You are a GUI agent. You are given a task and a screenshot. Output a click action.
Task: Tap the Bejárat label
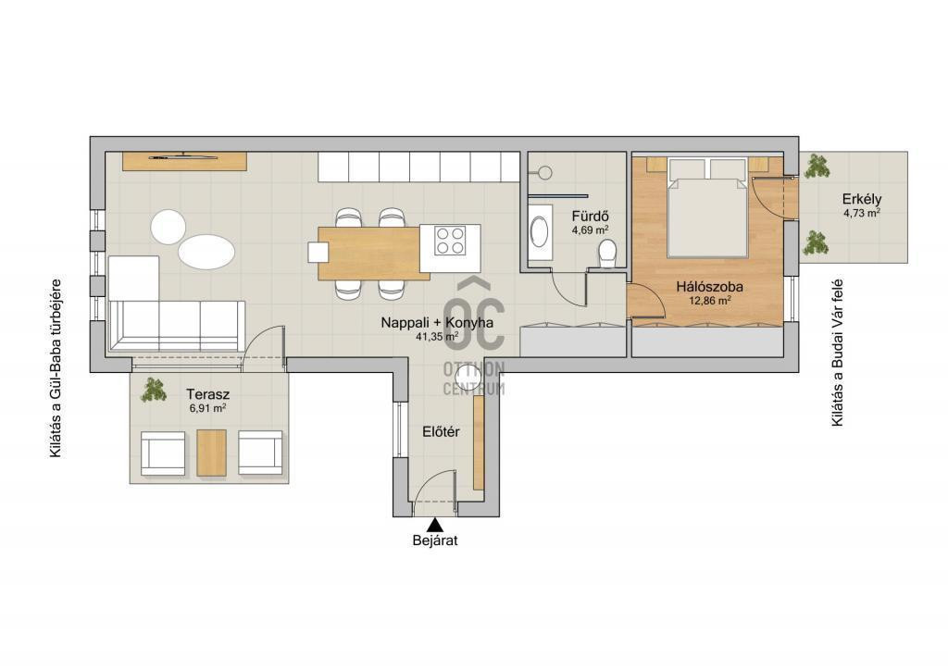point(435,540)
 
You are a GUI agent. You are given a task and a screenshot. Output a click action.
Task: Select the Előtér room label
point(441,432)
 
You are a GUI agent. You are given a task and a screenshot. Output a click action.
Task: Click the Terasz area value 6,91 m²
point(207,408)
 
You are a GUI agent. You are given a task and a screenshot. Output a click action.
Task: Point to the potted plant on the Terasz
point(154,390)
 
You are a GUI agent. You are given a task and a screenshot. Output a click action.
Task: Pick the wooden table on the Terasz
point(211,453)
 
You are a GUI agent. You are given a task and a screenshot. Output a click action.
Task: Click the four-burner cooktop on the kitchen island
point(450,241)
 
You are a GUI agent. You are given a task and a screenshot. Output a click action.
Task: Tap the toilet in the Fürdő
point(606,254)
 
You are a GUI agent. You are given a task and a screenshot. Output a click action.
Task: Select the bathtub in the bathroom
point(540,232)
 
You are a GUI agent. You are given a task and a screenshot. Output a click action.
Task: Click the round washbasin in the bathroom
point(544,173)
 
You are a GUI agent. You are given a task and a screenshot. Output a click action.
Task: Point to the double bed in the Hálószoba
point(706,207)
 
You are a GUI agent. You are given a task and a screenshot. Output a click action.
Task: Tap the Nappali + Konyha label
point(437,323)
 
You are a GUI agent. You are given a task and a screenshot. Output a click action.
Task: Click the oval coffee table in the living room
point(206,253)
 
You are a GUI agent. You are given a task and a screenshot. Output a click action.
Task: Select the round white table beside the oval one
point(168,227)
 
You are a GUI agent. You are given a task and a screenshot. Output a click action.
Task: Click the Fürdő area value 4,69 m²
point(590,230)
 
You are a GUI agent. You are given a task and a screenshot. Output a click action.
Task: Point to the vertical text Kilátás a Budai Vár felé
point(837,353)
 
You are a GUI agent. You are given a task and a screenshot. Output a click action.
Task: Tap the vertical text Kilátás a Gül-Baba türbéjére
point(56,368)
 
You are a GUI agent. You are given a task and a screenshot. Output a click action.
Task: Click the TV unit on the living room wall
point(184,161)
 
